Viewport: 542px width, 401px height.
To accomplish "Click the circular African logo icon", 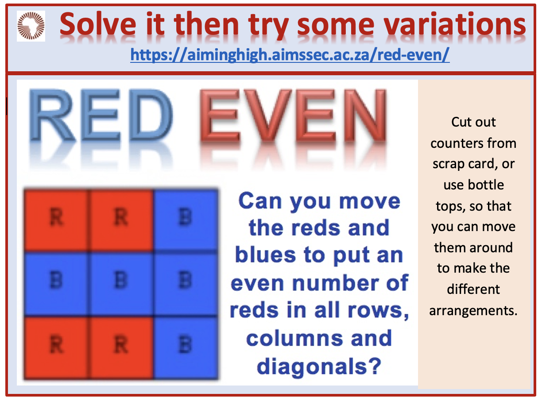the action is coord(31,26).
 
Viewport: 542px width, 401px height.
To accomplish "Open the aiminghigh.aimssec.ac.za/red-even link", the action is coord(290,54).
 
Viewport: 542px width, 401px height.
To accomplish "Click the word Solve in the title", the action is coord(98,24).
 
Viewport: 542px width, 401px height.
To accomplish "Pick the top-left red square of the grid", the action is coord(56,220).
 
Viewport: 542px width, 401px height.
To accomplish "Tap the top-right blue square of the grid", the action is coord(186,220).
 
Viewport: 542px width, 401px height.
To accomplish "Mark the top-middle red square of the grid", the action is coord(121,220).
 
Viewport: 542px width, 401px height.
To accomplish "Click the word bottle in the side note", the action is coord(486,185).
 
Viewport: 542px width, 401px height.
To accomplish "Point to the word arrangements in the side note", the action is coord(473,311).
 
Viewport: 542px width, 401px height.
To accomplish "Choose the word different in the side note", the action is coord(473,289).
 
